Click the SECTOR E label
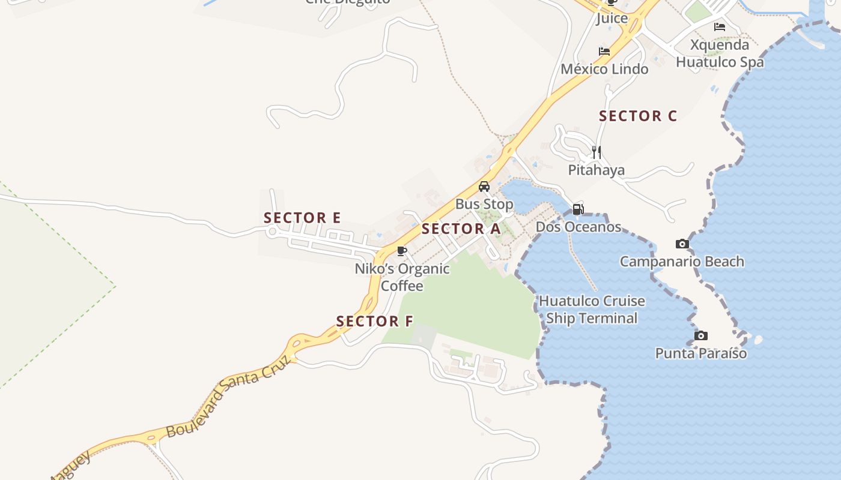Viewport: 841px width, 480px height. point(302,218)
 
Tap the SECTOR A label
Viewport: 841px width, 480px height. point(461,229)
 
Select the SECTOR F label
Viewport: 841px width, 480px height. point(375,322)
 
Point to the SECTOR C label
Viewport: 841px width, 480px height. point(638,116)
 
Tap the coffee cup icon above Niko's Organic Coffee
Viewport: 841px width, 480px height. point(402,251)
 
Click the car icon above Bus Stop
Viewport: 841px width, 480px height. point(484,186)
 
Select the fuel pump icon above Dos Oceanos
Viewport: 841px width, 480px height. point(578,209)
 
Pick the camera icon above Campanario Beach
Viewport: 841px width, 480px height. point(682,244)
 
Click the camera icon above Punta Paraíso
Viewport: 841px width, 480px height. point(700,335)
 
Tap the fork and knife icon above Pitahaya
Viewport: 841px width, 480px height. point(596,152)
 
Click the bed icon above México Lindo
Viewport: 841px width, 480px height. point(604,52)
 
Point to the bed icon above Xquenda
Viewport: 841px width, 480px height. point(719,27)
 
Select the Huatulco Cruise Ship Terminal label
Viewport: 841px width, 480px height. point(592,310)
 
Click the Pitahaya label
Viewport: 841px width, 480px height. point(597,170)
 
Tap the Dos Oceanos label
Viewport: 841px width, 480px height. point(578,227)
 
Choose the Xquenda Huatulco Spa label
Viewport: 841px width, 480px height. point(720,53)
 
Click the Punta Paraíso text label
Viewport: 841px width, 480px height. point(701,353)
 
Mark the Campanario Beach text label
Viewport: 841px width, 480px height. point(682,262)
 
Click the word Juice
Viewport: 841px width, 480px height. point(612,19)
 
